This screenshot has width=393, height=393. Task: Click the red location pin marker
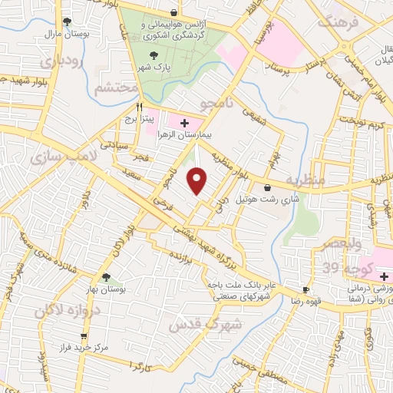[x=197, y=181]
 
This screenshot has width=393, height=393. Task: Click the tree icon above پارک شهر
[x=157, y=54]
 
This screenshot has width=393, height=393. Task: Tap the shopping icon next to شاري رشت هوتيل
[x=266, y=187]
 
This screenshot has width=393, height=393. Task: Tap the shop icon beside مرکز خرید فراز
[x=84, y=336]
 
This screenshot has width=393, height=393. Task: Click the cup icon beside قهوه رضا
[x=306, y=289]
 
